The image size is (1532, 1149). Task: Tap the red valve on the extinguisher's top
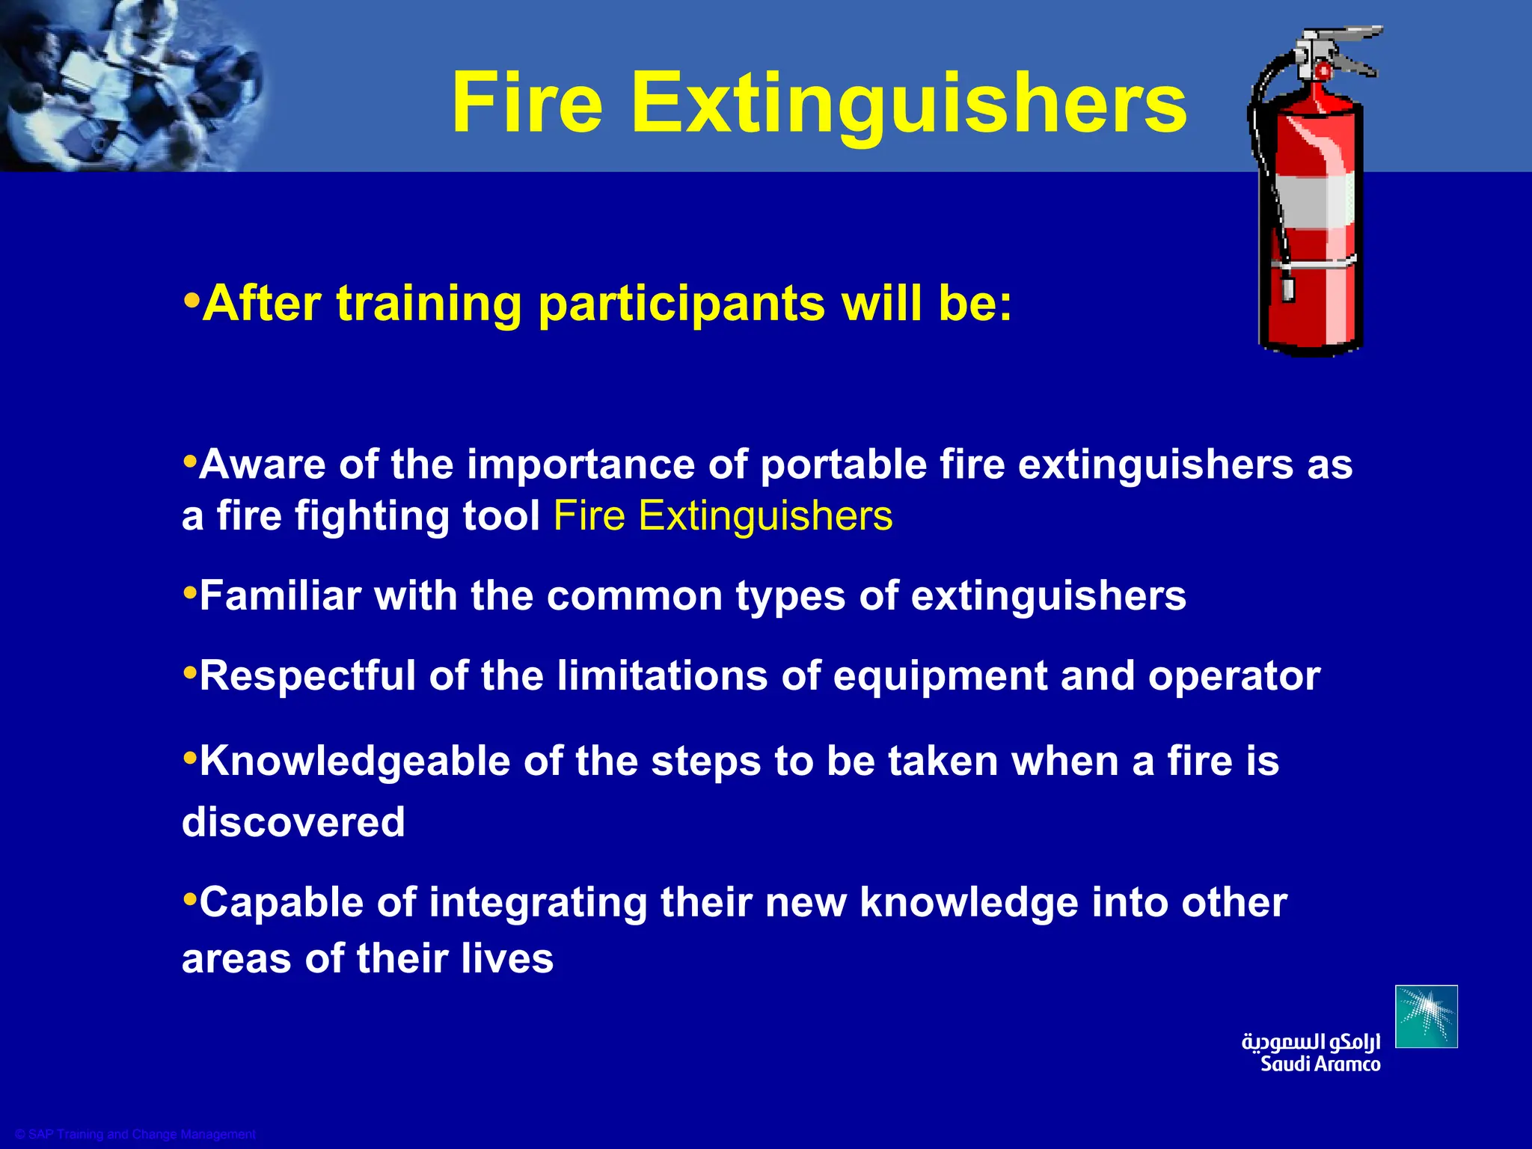(1322, 73)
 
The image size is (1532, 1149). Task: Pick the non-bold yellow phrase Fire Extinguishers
(723, 516)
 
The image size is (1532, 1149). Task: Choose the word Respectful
(307, 675)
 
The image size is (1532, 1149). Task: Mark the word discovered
(293, 822)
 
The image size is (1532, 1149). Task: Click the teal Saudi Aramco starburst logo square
(1426, 1017)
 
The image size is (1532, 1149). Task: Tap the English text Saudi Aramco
(1320, 1064)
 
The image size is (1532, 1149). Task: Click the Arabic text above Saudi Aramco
(1311, 1041)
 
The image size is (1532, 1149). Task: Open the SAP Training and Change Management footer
(135, 1134)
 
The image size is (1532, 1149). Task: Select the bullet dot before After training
(191, 301)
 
